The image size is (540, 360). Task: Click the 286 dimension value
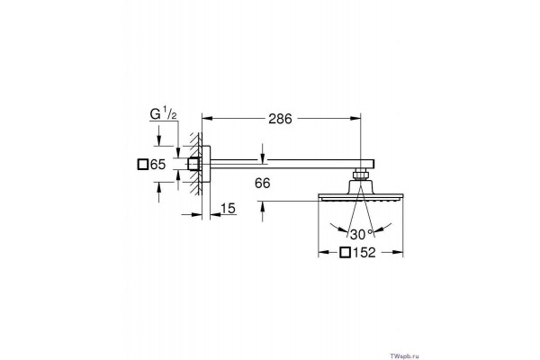pos(280,119)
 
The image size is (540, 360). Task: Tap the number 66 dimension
pos(263,184)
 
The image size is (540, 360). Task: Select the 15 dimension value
pos(228,209)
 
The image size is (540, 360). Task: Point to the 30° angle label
pos(361,234)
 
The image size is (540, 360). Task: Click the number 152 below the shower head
pos(364,253)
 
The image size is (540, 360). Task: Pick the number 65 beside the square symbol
pos(158,165)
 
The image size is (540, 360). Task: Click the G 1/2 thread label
pos(163,113)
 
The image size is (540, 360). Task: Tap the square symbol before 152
pos(345,253)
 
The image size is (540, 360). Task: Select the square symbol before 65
pos(142,165)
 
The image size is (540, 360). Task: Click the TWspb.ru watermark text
pos(405,356)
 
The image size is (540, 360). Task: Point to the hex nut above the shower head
pos(360,175)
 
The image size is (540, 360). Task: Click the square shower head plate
pos(361,197)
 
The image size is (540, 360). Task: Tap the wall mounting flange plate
pos(206,164)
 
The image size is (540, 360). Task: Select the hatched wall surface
pos(195,164)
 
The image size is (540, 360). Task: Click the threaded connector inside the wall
pos(194,165)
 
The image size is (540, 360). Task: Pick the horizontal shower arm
pos(292,164)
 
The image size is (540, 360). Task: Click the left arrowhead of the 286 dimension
pos(206,119)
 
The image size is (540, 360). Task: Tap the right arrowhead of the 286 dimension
pos(355,119)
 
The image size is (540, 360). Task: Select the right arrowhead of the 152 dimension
pos(398,253)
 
